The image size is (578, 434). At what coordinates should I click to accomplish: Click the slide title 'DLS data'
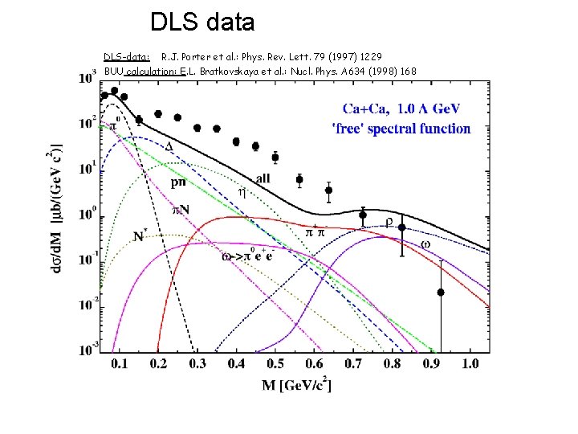(x=202, y=23)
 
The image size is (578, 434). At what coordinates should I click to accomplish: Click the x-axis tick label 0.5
(x=276, y=364)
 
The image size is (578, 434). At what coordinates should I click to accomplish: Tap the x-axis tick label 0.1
(x=119, y=364)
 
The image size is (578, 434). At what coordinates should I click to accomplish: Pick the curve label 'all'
(x=263, y=177)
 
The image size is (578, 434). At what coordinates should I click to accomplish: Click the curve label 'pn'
(x=181, y=182)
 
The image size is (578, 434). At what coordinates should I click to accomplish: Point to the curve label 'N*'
(x=140, y=236)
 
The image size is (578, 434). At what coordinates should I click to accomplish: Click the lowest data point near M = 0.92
(x=441, y=293)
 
